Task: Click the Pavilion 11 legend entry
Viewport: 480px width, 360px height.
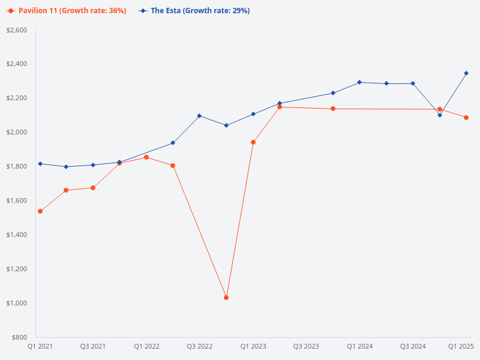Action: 66,11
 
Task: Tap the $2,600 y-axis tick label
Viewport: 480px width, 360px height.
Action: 17,30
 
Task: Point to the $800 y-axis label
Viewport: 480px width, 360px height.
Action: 20,337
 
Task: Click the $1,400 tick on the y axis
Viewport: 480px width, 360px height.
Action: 17,235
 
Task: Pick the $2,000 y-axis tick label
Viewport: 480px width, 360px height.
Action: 17,132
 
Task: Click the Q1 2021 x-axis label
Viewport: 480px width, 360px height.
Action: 40,346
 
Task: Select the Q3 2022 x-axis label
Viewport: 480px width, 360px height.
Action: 200,346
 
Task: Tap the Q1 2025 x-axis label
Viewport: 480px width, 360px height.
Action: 461,346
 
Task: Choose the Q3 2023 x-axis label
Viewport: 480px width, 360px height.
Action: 306,346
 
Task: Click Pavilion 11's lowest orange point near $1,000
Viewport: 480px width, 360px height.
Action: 226,298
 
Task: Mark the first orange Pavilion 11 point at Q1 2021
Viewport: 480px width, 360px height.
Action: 40,211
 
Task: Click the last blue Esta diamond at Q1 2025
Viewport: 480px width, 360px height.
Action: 466,73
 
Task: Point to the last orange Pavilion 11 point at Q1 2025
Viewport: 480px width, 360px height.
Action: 466,118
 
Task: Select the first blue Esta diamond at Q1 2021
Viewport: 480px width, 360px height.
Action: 40,164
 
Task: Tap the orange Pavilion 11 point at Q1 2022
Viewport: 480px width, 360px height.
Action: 146,157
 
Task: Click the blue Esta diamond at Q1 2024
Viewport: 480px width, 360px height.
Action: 359,82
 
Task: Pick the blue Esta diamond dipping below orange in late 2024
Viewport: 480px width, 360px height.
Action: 440,115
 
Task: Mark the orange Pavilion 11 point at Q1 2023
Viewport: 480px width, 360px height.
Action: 253,142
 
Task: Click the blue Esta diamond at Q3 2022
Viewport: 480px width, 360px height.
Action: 199,116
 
